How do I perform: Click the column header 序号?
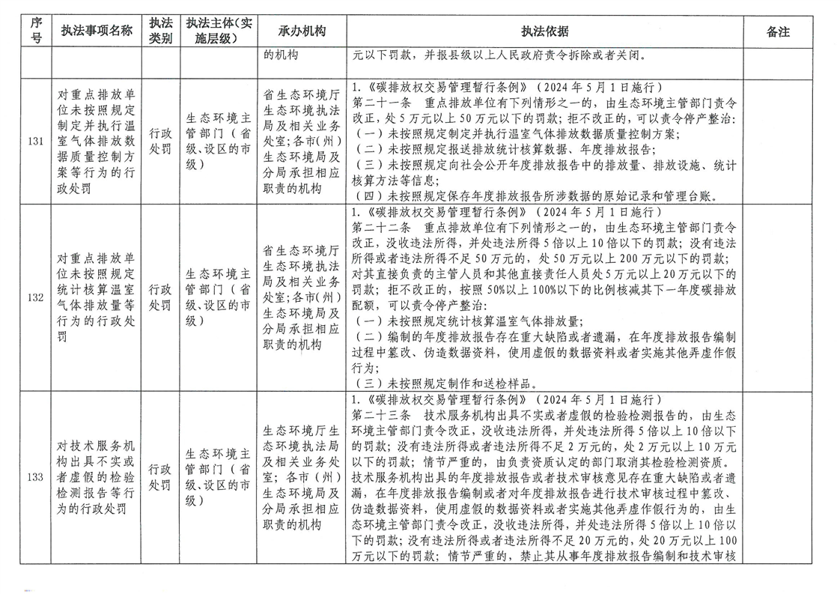[x=35, y=31]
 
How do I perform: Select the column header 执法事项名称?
[x=97, y=31]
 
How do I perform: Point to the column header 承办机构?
[x=302, y=31]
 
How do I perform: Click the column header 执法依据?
[x=544, y=31]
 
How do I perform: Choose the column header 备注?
[x=779, y=31]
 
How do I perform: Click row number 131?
[x=35, y=141]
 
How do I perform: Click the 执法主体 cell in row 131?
[x=219, y=141]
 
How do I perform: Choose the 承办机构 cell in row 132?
[x=302, y=297]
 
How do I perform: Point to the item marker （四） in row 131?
[x=365, y=196]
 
